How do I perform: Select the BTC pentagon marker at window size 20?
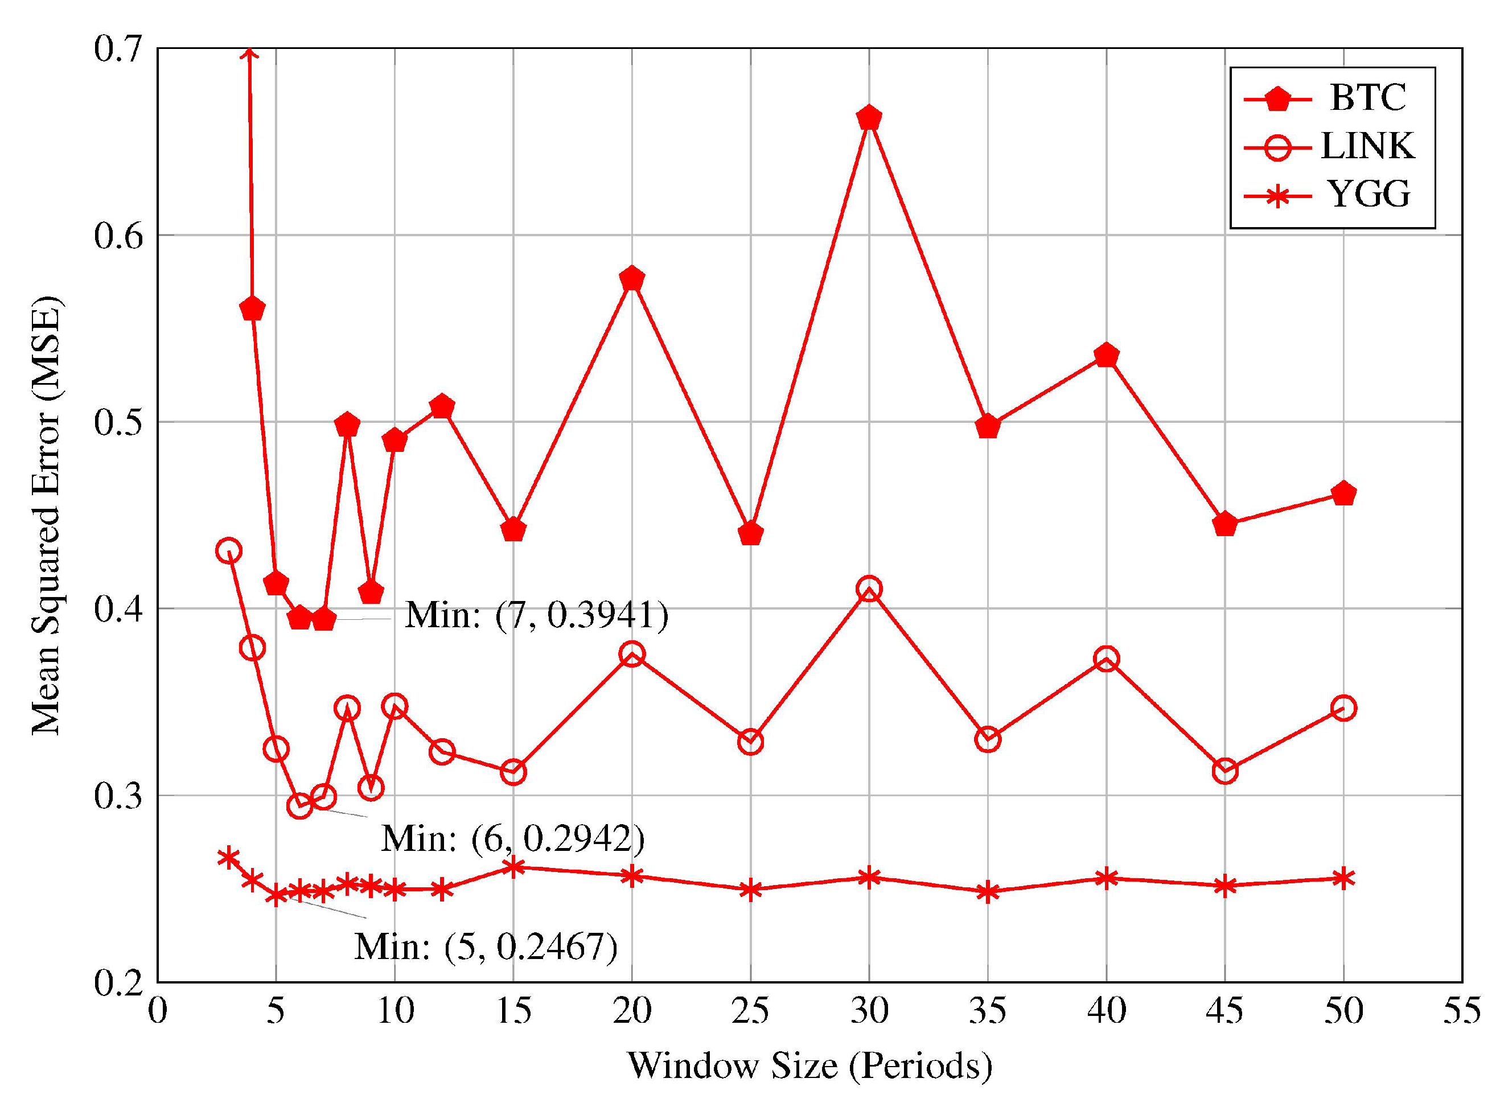(632, 278)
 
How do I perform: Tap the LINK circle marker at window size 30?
(869, 589)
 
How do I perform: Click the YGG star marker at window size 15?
(513, 867)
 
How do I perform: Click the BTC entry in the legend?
(1367, 98)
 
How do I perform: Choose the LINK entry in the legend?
(1367, 146)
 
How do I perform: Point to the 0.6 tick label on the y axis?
(120, 236)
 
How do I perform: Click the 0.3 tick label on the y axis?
(120, 796)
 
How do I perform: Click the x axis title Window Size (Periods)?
(809, 1065)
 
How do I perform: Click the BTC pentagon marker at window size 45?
(1224, 524)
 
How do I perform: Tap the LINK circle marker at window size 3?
(228, 551)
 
